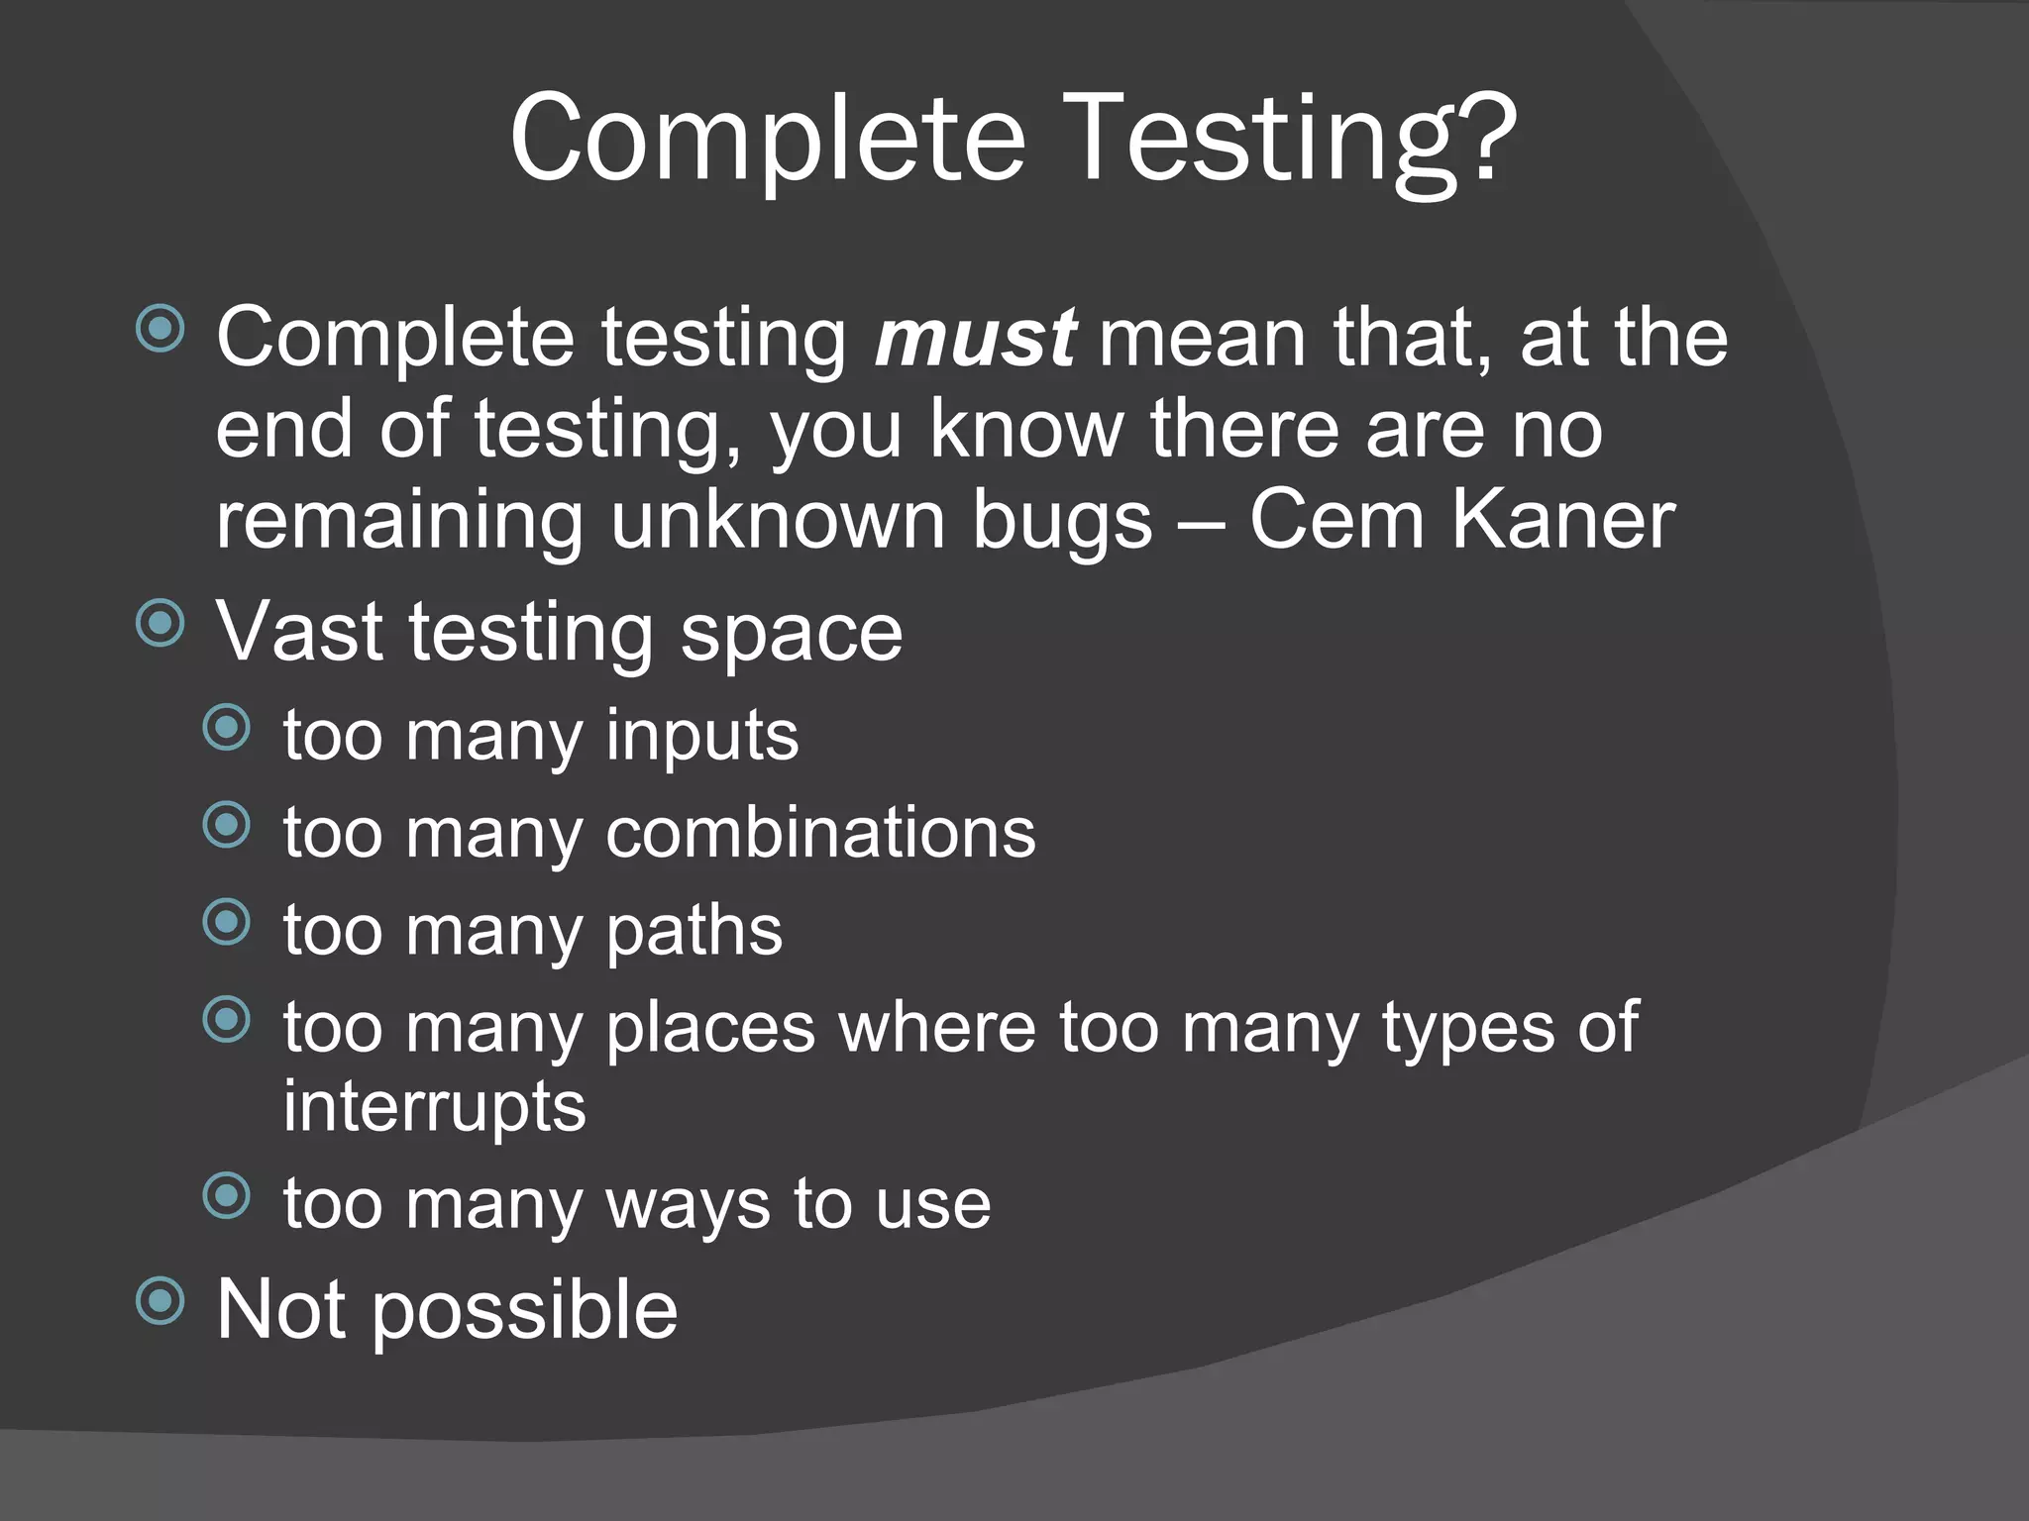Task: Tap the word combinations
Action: pyautogui.click(x=820, y=832)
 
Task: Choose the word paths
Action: pyautogui.click(x=694, y=932)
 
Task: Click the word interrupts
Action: pyautogui.click(x=434, y=1107)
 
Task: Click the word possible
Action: pyautogui.click(x=525, y=1311)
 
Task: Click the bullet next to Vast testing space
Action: pyautogui.click(x=160, y=623)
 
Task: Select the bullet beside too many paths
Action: pyautogui.click(x=227, y=922)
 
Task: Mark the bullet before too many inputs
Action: pyautogui.click(x=227, y=728)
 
